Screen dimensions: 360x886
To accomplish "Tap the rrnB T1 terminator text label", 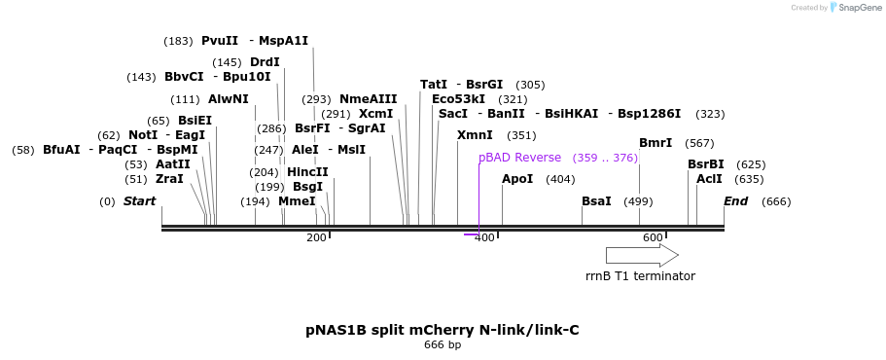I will (x=640, y=276).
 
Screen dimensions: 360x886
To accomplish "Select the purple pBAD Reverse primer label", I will (x=519, y=158).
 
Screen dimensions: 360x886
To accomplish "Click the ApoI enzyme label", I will (x=517, y=179).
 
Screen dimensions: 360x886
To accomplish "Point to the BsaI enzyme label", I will (x=596, y=201).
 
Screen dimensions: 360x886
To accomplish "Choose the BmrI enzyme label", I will (x=656, y=143).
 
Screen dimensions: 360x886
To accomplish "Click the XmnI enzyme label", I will (x=475, y=135).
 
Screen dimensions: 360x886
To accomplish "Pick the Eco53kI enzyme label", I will (x=458, y=99).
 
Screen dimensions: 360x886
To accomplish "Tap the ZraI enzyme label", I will (x=169, y=179).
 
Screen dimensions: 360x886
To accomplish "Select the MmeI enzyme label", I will (x=297, y=201).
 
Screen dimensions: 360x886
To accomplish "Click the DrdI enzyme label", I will (x=265, y=62).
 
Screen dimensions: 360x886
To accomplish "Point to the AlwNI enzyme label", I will (x=229, y=99).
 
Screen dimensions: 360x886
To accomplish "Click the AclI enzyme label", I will (x=709, y=179).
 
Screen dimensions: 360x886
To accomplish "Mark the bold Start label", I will (x=139, y=201).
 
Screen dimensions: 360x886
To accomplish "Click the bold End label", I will (x=736, y=201).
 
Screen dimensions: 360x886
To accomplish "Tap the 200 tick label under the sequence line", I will (x=316, y=238).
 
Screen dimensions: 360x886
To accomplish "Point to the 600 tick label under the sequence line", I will (x=652, y=238).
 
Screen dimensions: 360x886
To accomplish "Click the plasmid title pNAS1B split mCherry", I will (x=443, y=330).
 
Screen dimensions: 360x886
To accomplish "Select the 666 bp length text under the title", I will (x=443, y=345).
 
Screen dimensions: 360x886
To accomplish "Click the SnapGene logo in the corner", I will (x=851, y=8).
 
